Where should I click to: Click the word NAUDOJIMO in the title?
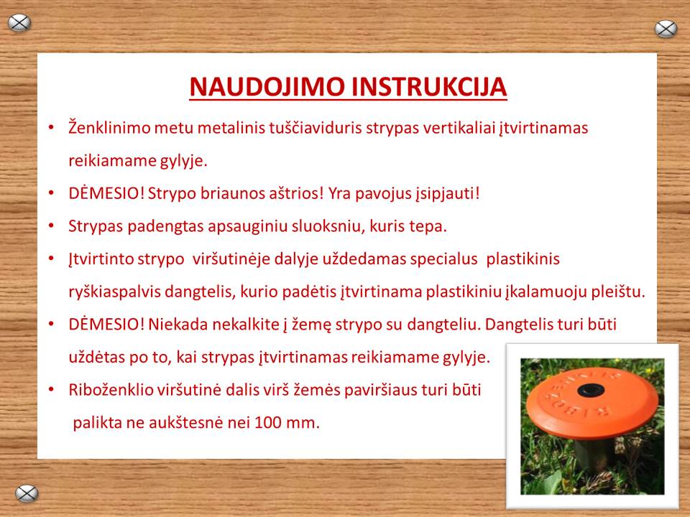[267, 87]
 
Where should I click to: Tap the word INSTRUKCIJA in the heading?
[429, 87]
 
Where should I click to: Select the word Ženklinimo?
[109, 128]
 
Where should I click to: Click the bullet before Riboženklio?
[52, 389]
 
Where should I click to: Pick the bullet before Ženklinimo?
[52, 128]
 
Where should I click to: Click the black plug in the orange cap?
[591, 390]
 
